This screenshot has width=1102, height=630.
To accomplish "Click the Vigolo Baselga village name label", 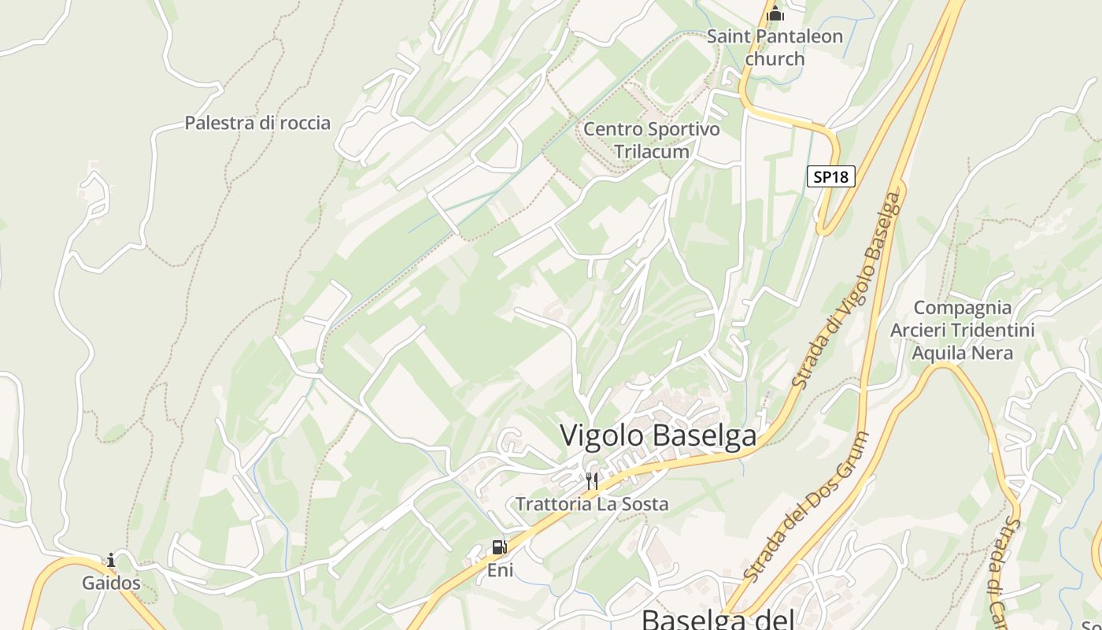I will (658, 435).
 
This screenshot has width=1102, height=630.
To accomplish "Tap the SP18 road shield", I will (830, 176).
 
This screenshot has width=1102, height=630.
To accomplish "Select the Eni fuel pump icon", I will (499, 547).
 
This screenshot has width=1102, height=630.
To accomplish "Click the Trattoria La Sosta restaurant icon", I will (592, 480).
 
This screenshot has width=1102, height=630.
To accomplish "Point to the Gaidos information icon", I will (111, 561).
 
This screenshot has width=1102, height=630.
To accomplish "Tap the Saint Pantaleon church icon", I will (775, 13).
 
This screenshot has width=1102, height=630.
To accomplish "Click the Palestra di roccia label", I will (257, 123).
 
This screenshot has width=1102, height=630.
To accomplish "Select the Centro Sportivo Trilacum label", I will (652, 140).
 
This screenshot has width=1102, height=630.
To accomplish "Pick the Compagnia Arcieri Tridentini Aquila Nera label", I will (962, 330).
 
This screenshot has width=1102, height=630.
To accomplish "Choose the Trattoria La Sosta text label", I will (592, 504).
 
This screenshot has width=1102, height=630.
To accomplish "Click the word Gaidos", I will (111, 584).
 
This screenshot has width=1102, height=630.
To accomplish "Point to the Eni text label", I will (499, 569).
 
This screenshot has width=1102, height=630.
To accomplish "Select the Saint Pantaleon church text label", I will (775, 47).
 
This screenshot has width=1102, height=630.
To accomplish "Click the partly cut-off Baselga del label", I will (716, 619).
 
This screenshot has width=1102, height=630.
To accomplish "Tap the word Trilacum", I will (652, 151).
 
